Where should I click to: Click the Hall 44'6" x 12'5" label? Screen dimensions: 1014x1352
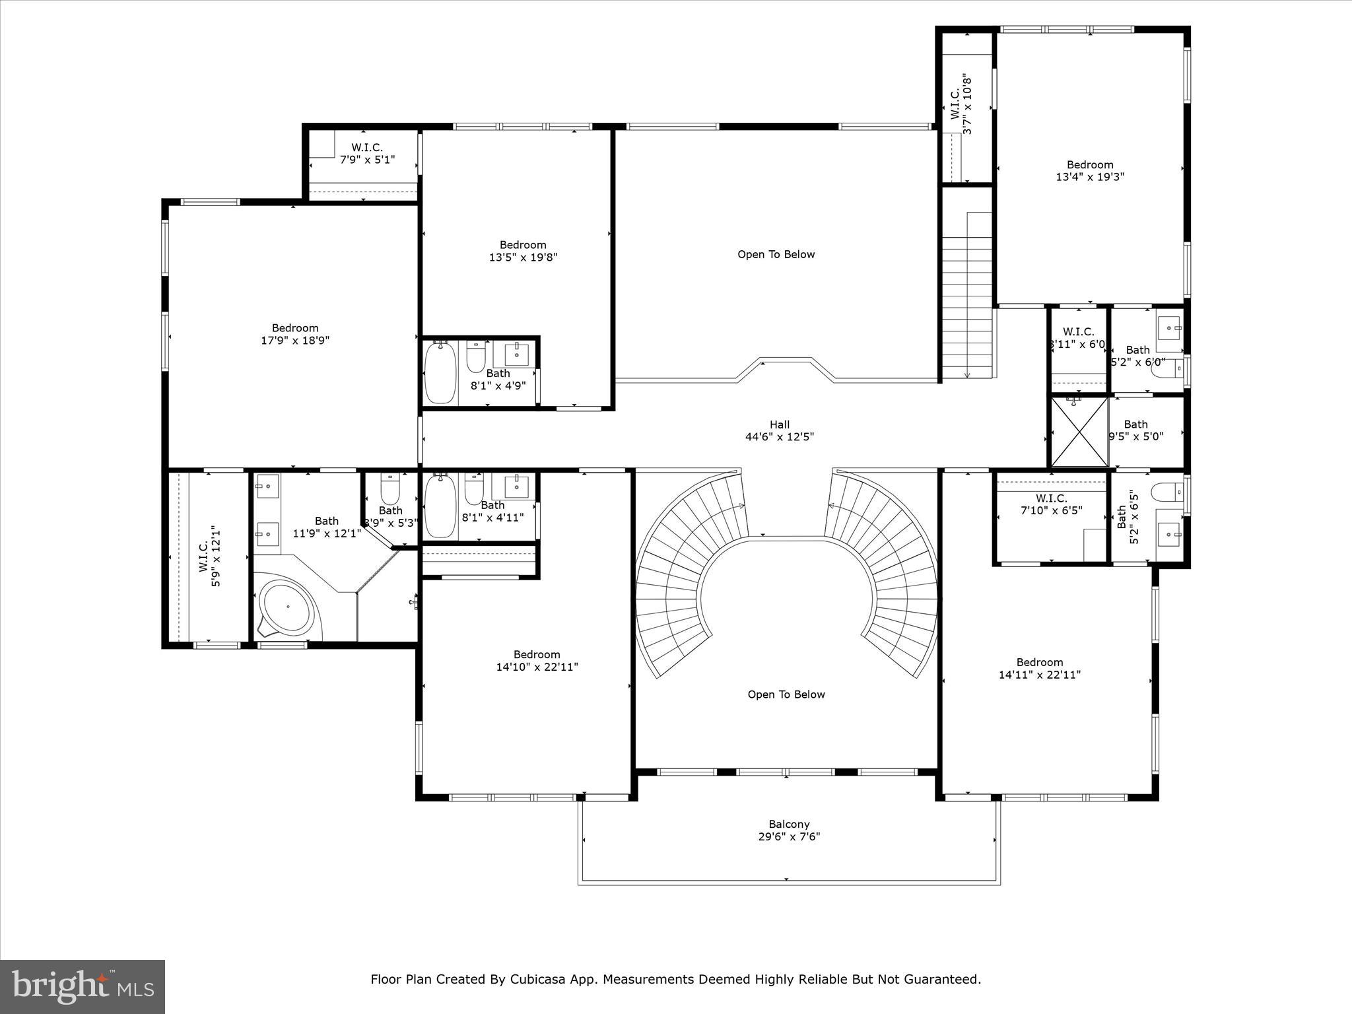tap(779, 430)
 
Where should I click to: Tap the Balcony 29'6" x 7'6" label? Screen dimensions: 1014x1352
tap(789, 830)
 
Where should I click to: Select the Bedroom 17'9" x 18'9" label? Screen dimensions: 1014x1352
tap(295, 334)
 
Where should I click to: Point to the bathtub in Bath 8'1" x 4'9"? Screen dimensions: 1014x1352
tap(440, 373)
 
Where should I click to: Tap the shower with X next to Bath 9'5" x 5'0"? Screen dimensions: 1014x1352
tap(1079, 431)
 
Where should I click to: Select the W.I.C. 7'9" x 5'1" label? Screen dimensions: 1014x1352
tap(367, 153)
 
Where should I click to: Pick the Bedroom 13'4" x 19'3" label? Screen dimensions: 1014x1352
tap(1090, 170)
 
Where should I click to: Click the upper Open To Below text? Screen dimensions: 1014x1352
tap(776, 254)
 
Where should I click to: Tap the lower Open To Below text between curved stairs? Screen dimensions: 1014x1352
tap(786, 694)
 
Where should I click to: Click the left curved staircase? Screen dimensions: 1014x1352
tap(680, 568)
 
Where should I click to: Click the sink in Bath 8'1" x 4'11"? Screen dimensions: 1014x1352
tap(516, 487)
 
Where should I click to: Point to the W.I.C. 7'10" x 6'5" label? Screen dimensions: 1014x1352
tap(1051, 504)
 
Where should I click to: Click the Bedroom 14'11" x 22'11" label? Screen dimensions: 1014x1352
tap(1040, 668)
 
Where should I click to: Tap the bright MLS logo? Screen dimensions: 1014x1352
tap(83, 986)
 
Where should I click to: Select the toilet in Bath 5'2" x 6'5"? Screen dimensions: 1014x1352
tap(1163, 492)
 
